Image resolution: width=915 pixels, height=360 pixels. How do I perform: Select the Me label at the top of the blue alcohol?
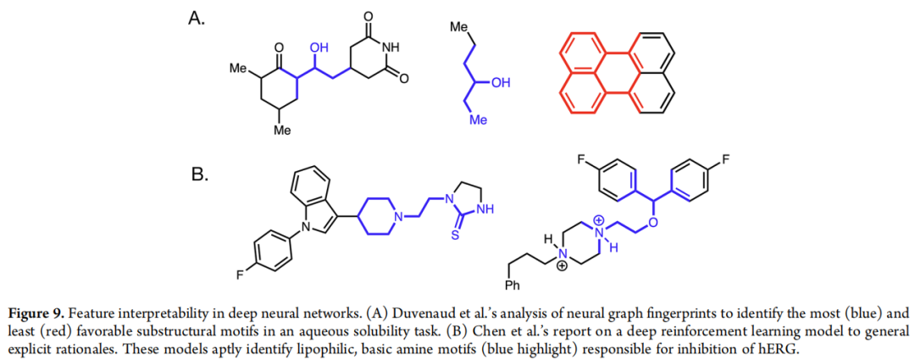[458, 30]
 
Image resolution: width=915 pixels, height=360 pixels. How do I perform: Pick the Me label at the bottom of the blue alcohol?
[479, 120]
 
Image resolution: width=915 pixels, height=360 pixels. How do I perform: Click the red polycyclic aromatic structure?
[616, 74]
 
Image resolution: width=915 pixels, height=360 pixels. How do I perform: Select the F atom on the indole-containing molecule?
[243, 275]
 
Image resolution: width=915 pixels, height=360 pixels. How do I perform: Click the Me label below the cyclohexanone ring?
[282, 131]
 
